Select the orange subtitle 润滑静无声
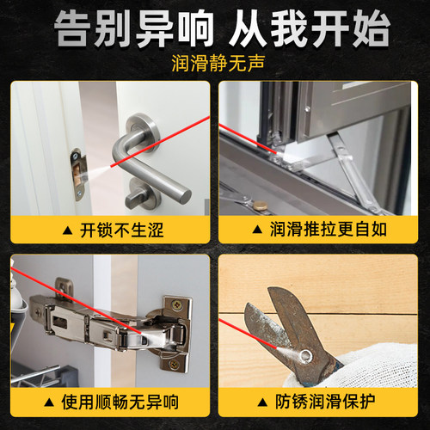click(214, 64)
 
